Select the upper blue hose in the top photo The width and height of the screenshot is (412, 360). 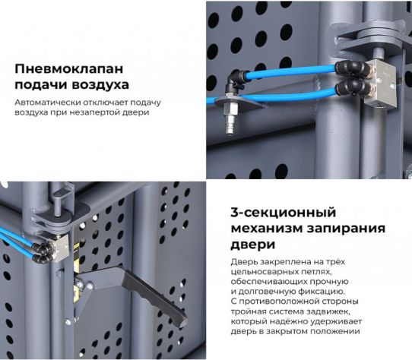pyautogui.click(x=289, y=71)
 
